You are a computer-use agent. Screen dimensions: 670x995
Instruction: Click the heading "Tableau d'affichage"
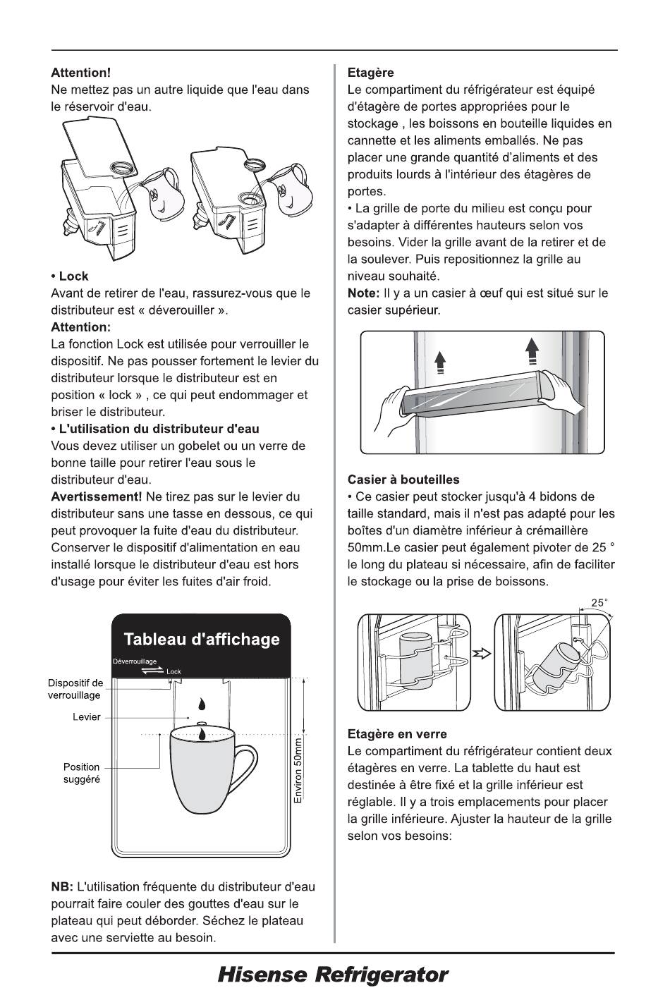coord(202,639)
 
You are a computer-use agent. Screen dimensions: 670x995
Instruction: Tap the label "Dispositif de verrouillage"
coord(75,689)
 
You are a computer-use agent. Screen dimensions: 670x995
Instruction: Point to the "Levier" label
coord(87,717)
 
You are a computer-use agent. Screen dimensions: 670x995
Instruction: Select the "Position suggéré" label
coord(81,773)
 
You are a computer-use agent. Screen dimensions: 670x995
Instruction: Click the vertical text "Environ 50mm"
coord(298,771)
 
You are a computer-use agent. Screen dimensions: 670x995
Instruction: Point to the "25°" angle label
coord(599,602)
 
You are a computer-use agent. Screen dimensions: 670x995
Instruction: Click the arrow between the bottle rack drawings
coord(482,654)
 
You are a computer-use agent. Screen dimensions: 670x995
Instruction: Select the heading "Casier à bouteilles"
coord(403,480)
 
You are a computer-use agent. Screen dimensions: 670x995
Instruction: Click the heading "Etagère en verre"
coord(397,734)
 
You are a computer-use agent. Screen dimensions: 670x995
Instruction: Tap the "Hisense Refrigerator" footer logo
coord(333,975)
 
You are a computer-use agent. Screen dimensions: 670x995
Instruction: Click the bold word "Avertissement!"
coord(97,496)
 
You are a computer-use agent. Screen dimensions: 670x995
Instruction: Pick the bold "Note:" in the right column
coord(363,293)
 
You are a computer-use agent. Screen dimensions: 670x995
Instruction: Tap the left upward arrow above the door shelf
coord(439,362)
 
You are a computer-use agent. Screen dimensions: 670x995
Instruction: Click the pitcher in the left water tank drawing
coord(162,194)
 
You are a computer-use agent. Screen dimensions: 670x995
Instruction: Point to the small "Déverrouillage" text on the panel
coord(135,661)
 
